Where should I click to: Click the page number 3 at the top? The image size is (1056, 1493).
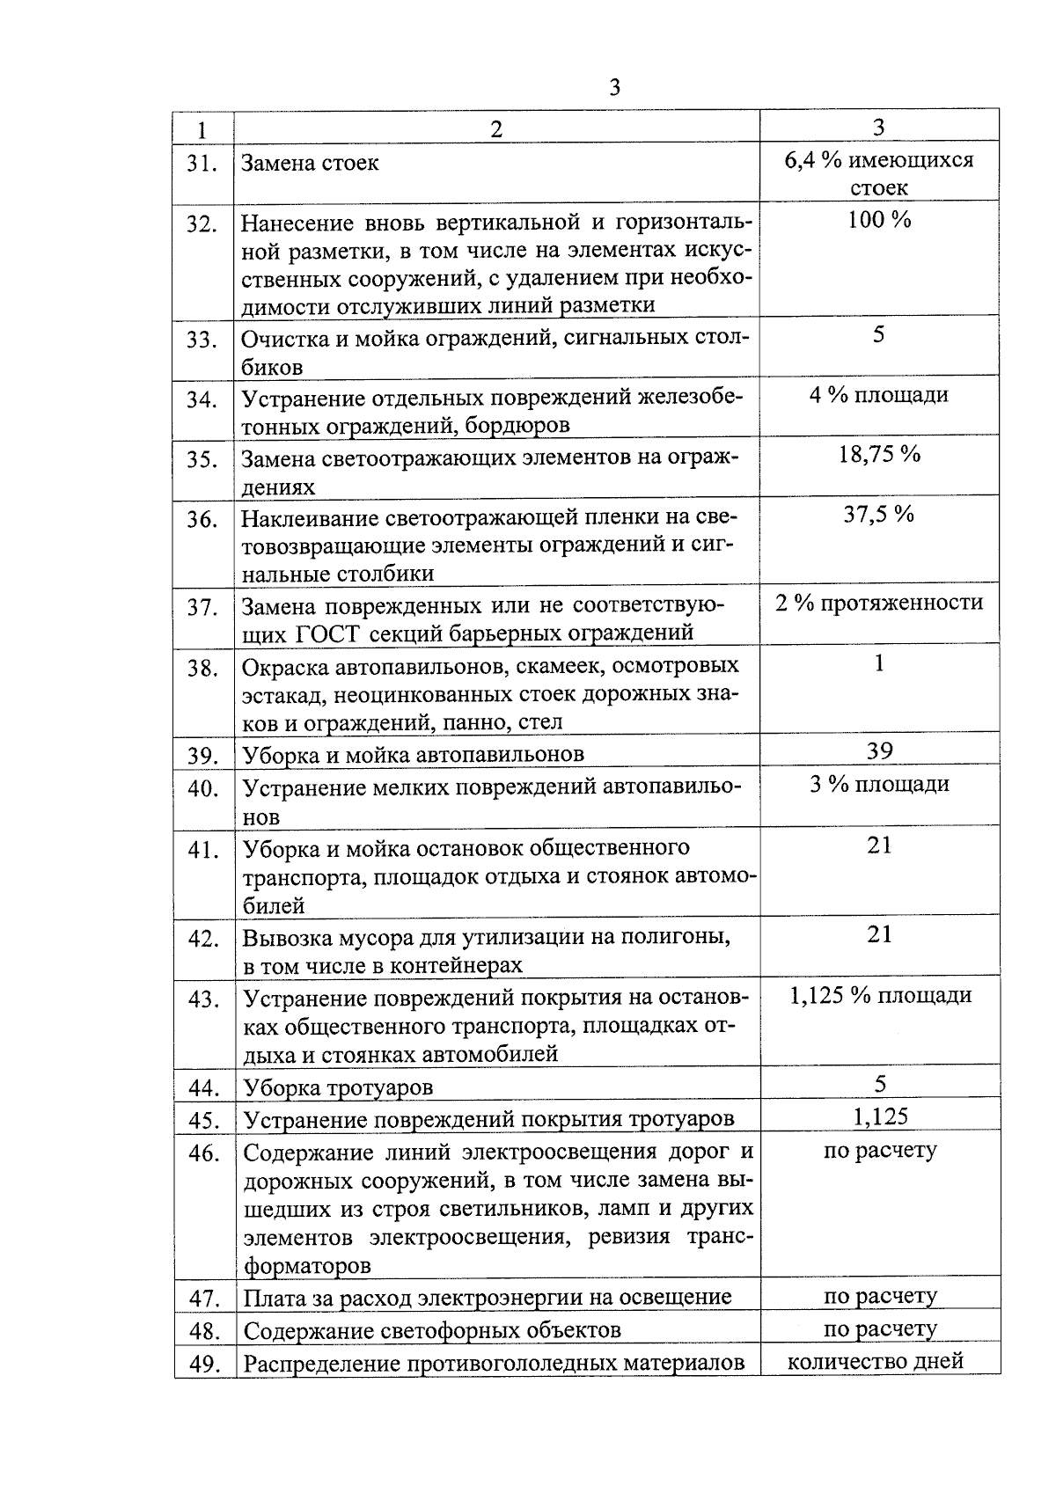614,88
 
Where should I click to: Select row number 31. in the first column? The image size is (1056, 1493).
202,164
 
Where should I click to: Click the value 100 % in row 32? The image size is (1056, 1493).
879,220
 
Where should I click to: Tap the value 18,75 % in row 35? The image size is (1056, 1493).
879,455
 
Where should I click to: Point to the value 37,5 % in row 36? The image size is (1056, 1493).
879,515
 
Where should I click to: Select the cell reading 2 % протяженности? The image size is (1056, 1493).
879,603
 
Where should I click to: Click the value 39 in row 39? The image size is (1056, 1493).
879,750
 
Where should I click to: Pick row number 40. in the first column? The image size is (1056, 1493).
202,789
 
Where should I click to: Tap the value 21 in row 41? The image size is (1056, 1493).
879,845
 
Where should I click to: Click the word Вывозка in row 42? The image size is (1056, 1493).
286,937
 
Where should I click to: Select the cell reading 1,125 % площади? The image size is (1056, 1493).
879,995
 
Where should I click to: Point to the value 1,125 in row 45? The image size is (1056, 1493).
879,1117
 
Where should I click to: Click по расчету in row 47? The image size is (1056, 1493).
879,1296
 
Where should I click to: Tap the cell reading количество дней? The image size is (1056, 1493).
875,1362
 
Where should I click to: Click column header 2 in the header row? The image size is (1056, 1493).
496,129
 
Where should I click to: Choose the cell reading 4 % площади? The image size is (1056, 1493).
879,395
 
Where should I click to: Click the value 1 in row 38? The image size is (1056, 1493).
879,663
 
